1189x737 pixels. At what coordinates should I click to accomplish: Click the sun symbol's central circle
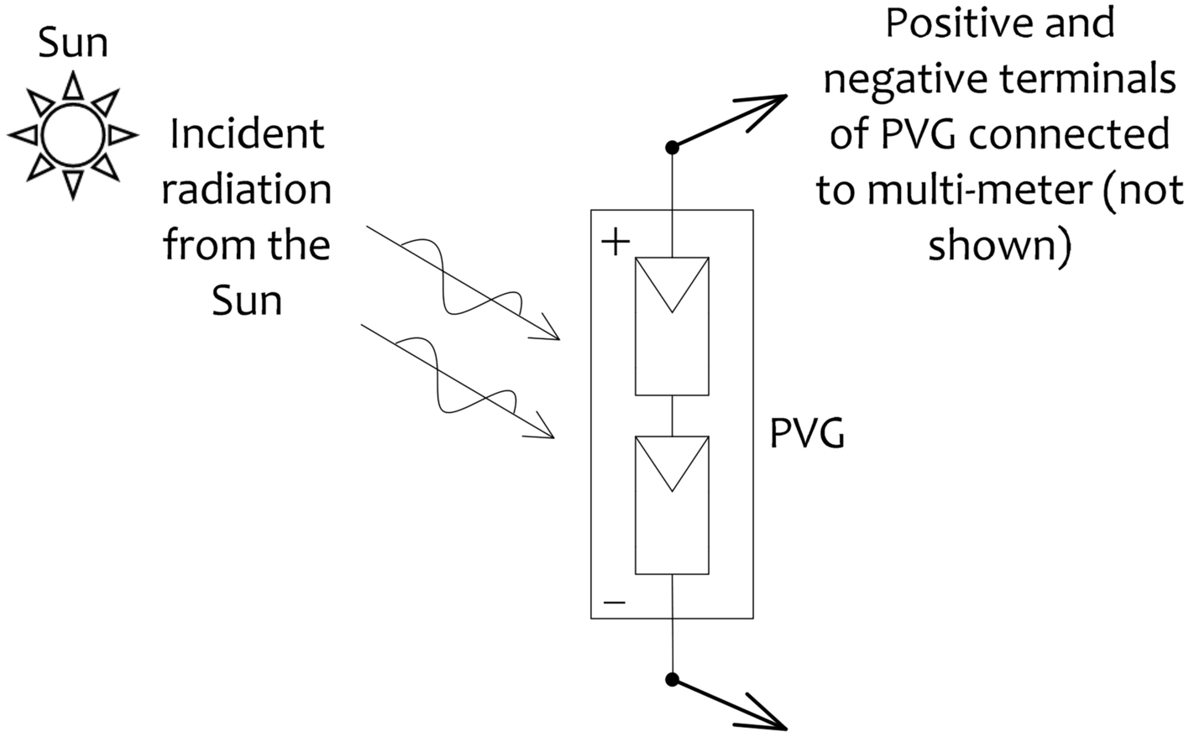(x=73, y=134)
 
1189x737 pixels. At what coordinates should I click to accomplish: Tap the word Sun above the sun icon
(x=73, y=43)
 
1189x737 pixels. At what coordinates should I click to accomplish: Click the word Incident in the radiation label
(x=246, y=134)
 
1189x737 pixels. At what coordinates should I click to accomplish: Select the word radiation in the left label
(x=246, y=190)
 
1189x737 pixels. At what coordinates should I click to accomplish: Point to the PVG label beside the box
(x=807, y=436)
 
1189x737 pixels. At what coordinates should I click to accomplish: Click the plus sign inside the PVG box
(x=615, y=243)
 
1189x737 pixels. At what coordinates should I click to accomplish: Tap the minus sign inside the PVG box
(x=615, y=602)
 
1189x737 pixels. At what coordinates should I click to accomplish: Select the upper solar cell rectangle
(x=672, y=326)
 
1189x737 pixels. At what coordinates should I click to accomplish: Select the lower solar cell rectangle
(x=672, y=505)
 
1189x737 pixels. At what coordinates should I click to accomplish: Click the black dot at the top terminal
(x=672, y=148)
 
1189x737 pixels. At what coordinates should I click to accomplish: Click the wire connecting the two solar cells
(x=672, y=416)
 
